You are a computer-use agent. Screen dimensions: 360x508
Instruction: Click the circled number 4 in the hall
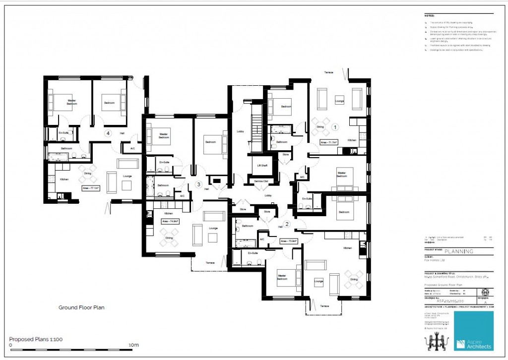click(x=107, y=133)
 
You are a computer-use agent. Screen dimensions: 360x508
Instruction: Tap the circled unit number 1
click(x=334, y=127)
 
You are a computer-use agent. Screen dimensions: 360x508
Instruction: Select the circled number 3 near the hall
click(x=199, y=184)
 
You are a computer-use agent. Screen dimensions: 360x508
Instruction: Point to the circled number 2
click(x=287, y=224)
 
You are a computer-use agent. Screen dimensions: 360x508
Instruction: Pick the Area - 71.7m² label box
click(x=328, y=142)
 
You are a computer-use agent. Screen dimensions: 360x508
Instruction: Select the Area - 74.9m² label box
click(x=170, y=221)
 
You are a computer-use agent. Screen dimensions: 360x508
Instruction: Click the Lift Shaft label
click(x=262, y=166)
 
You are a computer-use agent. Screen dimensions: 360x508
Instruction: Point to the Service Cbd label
click(x=261, y=181)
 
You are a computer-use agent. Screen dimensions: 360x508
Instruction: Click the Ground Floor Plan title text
click(x=81, y=307)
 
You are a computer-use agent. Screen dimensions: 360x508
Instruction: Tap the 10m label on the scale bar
click(x=133, y=345)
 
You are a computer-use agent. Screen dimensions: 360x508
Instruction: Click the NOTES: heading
click(x=429, y=16)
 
